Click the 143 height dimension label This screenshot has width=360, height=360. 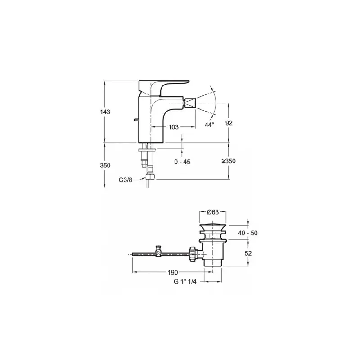[x=105, y=112]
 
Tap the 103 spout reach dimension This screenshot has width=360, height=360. [x=173, y=127]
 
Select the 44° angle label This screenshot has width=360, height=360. [x=209, y=125]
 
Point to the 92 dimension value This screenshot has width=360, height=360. [x=229, y=123]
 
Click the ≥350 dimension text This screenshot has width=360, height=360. [x=229, y=161]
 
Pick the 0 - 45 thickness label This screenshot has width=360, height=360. [x=182, y=162]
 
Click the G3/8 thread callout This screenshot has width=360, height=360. [x=126, y=180]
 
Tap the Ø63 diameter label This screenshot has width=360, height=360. [x=213, y=212]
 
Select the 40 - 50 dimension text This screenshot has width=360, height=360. [x=248, y=233]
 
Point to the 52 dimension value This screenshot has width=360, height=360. [x=248, y=253]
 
